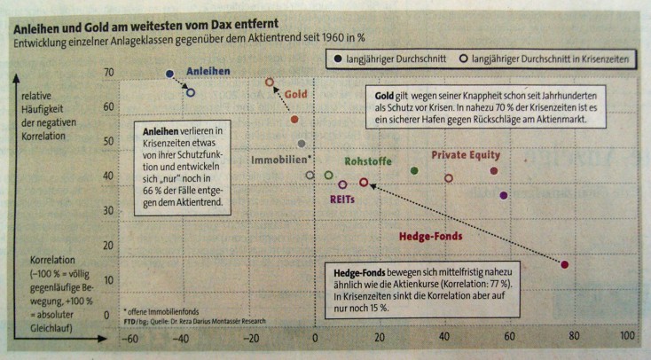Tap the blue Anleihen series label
(x=209, y=72)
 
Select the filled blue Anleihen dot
(x=170, y=74)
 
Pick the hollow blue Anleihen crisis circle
(x=191, y=92)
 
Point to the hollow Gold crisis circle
(x=270, y=82)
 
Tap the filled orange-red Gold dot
(x=294, y=119)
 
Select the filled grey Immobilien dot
(x=302, y=143)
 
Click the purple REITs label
(x=343, y=200)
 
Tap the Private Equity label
(x=466, y=154)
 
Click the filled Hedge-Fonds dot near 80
(x=565, y=264)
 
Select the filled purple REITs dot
(x=504, y=195)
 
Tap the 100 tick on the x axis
(x=626, y=337)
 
